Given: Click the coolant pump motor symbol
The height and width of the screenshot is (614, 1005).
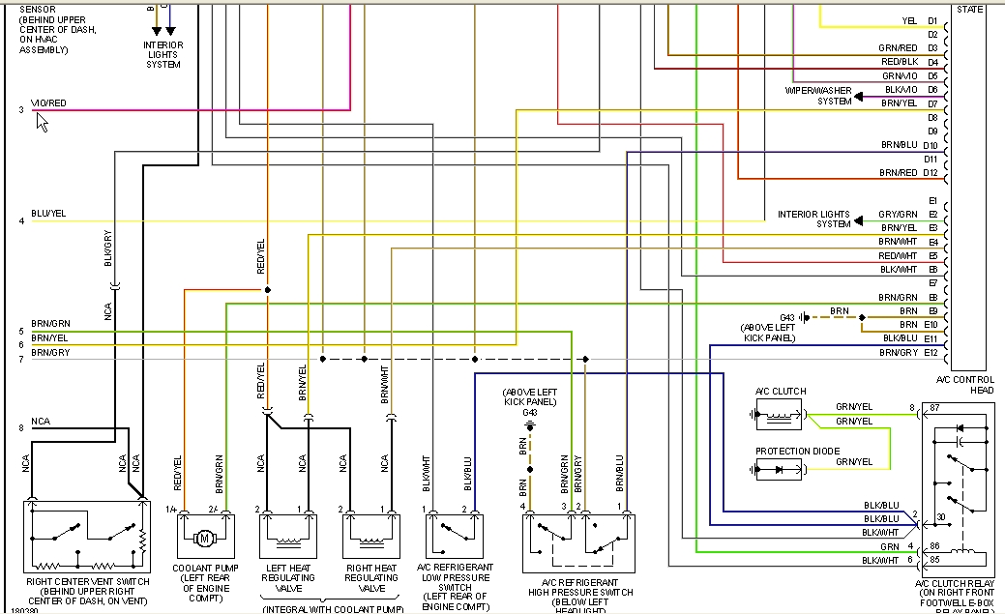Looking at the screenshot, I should (x=204, y=537).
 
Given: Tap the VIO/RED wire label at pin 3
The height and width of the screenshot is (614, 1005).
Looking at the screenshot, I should (x=48, y=103).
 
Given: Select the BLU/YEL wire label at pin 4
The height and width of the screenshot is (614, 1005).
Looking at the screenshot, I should (x=48, y=214).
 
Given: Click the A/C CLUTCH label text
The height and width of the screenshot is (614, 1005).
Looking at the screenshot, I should (x=781, y=392).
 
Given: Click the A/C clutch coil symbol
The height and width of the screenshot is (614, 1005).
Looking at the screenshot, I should (x=780, y=416).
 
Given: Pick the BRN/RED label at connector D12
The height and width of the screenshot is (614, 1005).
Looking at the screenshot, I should (x=898, y=173).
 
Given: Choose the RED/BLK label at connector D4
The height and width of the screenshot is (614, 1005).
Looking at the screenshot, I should (x=898, y=62).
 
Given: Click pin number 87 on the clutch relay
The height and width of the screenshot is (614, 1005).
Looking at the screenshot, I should (x=934, y=408).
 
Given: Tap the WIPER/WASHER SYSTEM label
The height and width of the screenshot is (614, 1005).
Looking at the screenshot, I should (x=819, y=96).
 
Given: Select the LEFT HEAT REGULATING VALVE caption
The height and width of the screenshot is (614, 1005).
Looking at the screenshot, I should (x=288, y=577).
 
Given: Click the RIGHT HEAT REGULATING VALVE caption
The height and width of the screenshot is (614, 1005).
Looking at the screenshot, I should (x=371, y=577).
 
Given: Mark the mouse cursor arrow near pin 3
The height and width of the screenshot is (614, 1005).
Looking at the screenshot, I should (x=42, y=121).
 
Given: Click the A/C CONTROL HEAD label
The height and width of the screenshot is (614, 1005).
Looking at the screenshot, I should (x=970, y=384).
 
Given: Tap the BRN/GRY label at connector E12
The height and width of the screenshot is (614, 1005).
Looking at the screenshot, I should (x=898, y=353).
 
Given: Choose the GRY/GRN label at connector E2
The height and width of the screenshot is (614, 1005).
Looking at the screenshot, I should (x=898, y=215).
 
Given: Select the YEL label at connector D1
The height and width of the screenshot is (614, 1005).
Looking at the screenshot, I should (x=909, y=20).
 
